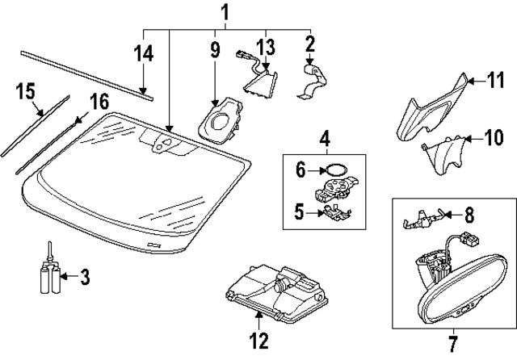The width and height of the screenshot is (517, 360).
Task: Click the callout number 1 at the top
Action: tap(225, 12)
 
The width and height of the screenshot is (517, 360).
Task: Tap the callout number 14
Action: tap(143, 55)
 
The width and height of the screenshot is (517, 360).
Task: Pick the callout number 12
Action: tap(258, 341)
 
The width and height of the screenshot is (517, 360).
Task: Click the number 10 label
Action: tap(493, 138)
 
